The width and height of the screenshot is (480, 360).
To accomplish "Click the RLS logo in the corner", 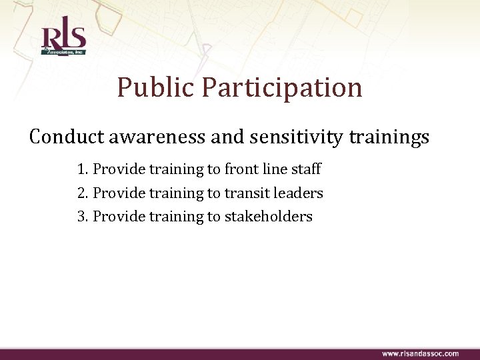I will (63, 39).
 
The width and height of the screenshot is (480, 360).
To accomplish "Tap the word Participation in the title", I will (283, 87).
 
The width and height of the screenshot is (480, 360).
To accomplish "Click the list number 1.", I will (83, 169).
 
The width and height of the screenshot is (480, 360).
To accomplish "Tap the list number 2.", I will (83, 193).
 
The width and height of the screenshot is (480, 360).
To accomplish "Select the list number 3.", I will (83, 216).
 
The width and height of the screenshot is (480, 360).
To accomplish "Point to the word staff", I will (305, 169).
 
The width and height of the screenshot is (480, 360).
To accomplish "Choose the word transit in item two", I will (245, 193).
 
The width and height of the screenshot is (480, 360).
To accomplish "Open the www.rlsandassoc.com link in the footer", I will (420, 353).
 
